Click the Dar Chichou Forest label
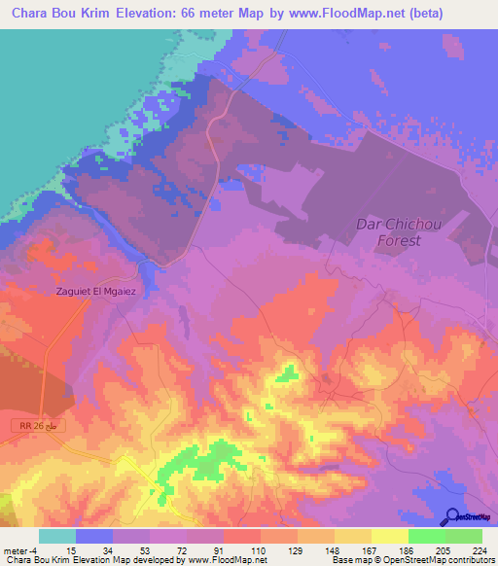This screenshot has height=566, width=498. [388, 231]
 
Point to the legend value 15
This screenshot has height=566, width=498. [70, 549]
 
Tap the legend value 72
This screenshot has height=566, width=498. [181, 549]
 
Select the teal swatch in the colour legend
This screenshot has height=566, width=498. [57, 536]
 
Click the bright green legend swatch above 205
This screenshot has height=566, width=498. [426, 536]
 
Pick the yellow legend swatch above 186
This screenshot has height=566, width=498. [389, 536]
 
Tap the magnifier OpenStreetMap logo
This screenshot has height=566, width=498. [452, 516]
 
